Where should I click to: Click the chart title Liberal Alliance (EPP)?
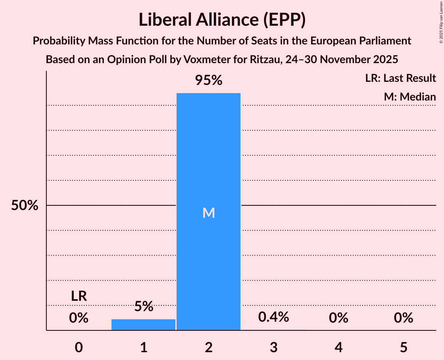click(222, 20)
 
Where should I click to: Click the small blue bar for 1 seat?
click(143, 325)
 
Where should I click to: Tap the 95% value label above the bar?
click(209, 81)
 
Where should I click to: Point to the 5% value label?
click(143, 307)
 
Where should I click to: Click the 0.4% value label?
click(274, 317)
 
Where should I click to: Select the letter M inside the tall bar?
click(209, 213)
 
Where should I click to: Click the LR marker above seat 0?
click(79, 296)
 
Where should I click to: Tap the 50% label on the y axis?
click(25, 205)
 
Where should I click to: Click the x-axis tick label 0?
click(79, 347)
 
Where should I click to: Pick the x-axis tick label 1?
click(143, 347)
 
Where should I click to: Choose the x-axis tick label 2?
click(209, 347)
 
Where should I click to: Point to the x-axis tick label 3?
click(274, 347)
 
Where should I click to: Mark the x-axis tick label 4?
click(338, 347)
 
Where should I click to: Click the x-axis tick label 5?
click(403, 347)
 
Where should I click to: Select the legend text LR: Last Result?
click(400, 78)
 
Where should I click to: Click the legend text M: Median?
click(410, 97)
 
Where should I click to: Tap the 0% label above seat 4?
click(338, 318)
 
